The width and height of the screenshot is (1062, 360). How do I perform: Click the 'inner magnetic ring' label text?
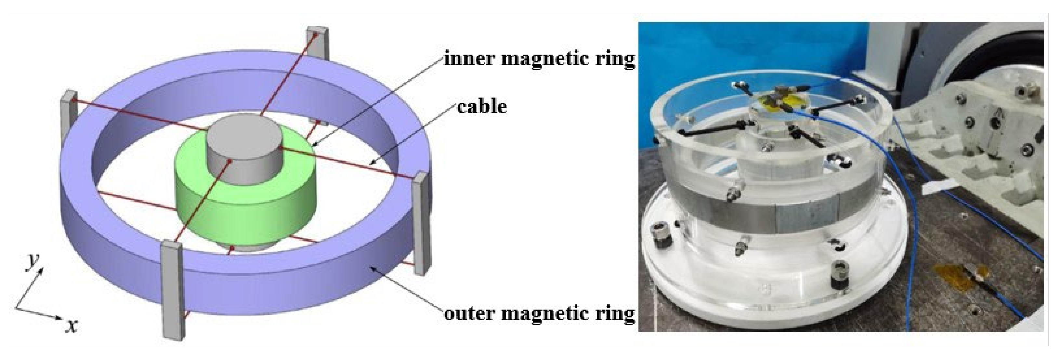pyautogui.click(x=539, y=59)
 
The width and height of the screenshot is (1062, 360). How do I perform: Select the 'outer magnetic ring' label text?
pyautogui.click(x=539, y=314)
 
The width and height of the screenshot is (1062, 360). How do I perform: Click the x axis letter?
pyautogui.click(x=72, y=327)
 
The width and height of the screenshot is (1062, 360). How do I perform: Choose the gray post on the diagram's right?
pyautogui.click(x=422, y=223)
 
